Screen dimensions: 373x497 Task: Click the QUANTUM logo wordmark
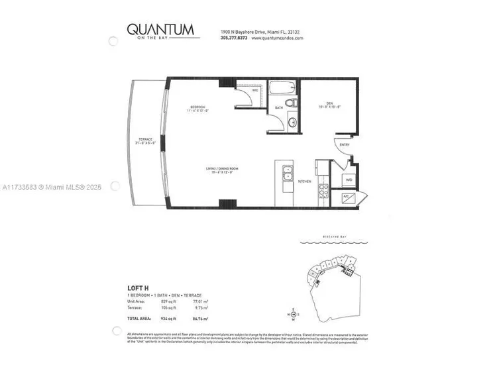(160, 29)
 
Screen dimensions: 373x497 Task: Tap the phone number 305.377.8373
(233, 38)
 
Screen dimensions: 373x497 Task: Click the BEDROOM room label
(197, 107)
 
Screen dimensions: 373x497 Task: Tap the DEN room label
(329, 103)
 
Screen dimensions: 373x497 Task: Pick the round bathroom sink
(292, 123)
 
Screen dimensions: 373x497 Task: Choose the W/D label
(349, 179)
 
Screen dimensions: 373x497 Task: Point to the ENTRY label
(345, 144)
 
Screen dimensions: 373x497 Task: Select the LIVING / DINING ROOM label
(221, 170)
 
